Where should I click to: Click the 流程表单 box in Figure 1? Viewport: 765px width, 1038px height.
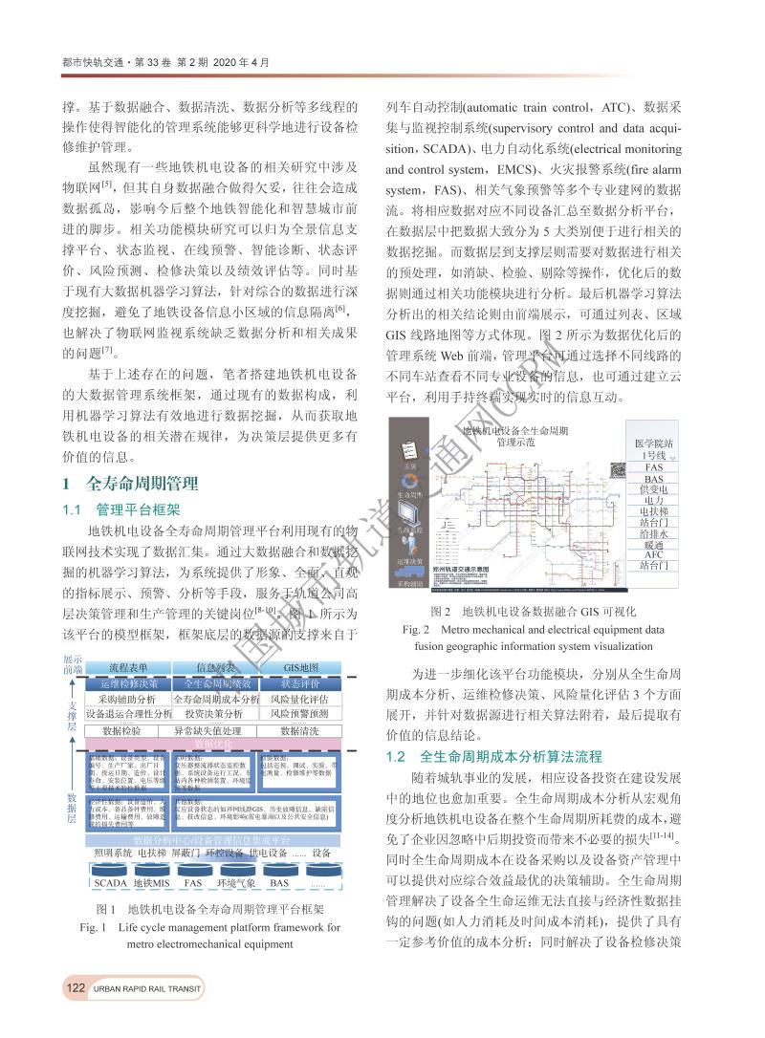coord(128,666)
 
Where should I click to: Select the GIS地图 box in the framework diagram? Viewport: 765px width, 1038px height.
coord(301,666)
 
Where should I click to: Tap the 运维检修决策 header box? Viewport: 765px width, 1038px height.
coord(128,683)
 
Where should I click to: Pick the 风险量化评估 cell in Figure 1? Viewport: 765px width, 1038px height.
coord(299,699)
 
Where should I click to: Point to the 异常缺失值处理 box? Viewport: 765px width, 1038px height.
coord(214,730)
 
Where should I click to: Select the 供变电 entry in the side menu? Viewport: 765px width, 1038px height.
coord(654,488)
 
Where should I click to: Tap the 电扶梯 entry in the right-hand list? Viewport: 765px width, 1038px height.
coord(654,510)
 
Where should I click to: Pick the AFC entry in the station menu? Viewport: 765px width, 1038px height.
coord(654,554)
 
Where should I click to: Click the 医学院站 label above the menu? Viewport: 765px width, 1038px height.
coord(654,444)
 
